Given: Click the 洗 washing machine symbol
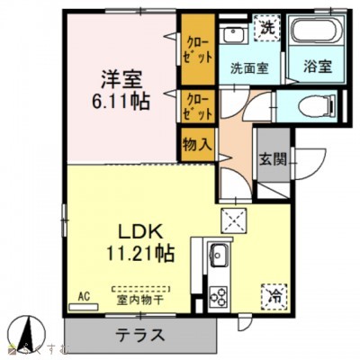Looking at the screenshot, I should pos(267,29).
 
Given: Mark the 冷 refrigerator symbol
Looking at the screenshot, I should pos(273,294).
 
